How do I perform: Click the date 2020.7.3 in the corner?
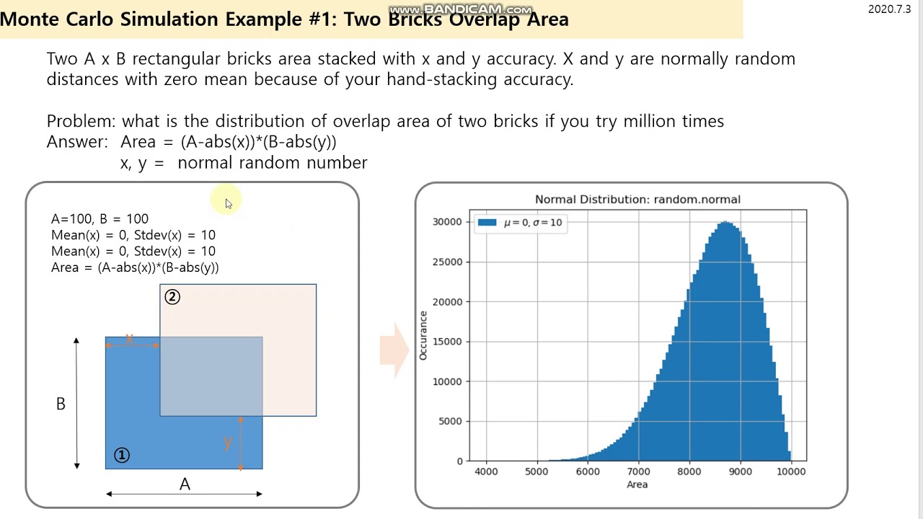point(889,9)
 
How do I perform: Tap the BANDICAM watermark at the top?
point(460,9)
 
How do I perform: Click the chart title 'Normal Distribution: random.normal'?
point(637,199)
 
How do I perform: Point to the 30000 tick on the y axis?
point(446,222)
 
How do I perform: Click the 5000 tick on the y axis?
point(449,421)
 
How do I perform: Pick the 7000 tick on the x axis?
point(638,471)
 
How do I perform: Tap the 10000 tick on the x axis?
point(791,471)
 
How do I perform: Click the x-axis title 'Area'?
point(637,484)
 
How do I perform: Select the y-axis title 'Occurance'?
point(423,335)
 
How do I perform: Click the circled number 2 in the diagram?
point(172,297)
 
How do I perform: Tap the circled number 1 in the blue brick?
point(122,455)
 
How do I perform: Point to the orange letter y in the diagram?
point(229,442)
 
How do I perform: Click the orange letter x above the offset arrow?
point(130,338)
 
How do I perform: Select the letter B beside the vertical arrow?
point(61,404)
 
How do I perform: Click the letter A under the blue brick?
point(185,484)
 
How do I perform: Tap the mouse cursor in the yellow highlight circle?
point(228,203)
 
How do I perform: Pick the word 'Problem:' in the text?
point(81,121)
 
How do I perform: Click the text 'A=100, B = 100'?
point(100,219)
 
